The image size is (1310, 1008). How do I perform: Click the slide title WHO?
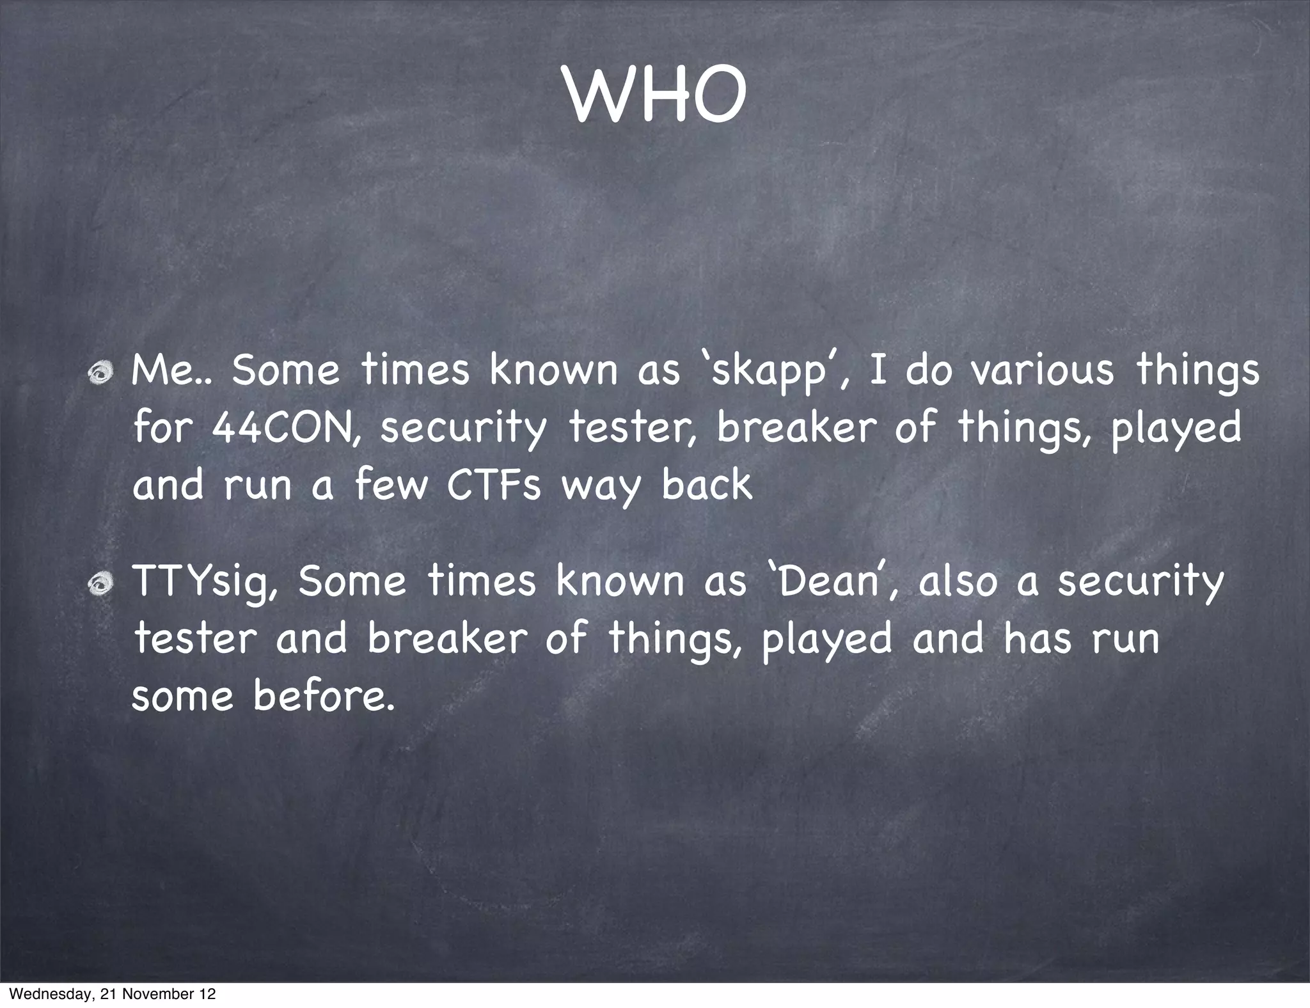coord(655,95)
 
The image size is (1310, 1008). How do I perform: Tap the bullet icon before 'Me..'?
coord(101,372)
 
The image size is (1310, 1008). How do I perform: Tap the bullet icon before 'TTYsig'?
coord(101,583)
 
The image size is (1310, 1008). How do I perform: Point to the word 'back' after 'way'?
coord(706,484)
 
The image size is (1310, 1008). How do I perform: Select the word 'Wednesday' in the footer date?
coord(48,994)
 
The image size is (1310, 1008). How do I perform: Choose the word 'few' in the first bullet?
coord(391,484)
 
